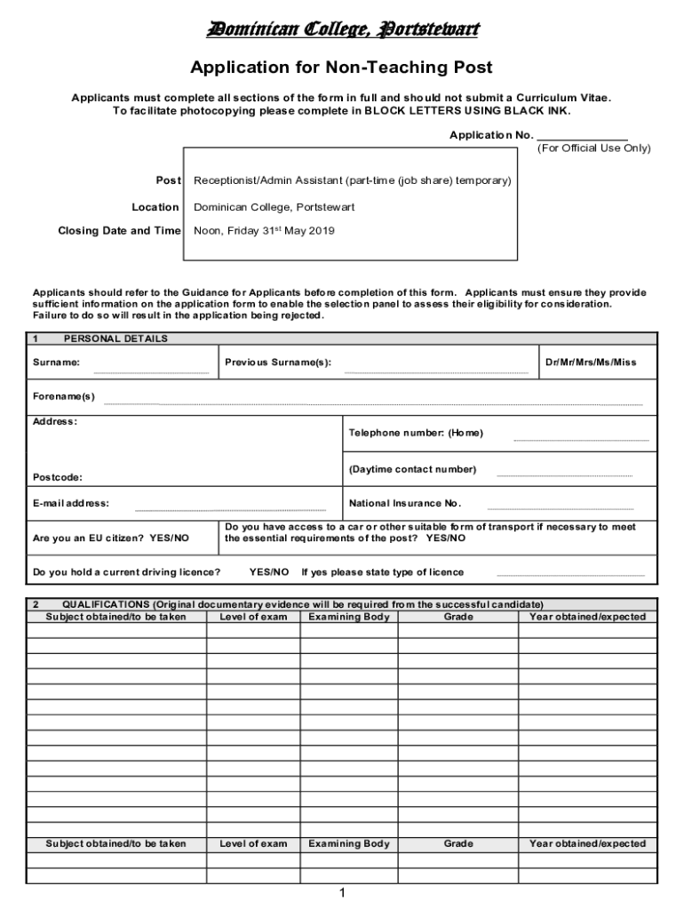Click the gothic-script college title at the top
pyautogui.click(x=342, y=31)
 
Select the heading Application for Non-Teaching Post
pyautogui.click(x=342, y=68)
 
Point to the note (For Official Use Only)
pyautogui.click(x=593, y=148)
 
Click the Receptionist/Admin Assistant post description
pyautogui.click(x=353, y=180)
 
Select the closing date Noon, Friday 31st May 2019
pyautogui.click(x=264, y=231)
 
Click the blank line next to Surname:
pyautogui.click(x=151, y=371)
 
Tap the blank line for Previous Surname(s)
pyautogui.click(x=435, y=371)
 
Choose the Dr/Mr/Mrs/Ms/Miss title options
pyautogui.click(x=591, y=363)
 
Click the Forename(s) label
pyautogui.click(x=64, y=396)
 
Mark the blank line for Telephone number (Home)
pyautogui.click(x=581, y=439)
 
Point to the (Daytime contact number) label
pyautogui.click(x=412, y=469)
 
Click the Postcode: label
pyautogui.click(x=58, y=477)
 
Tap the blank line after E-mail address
pyautogui.click(x=230, y=509)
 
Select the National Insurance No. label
pyautogui.click(x=405, y=503)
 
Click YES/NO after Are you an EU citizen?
pyautogui.click(x=169, y=539)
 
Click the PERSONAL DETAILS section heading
pyautogui.click(x=115, y=339)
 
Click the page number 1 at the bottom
pyautogui.click(x=341, y=893)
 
